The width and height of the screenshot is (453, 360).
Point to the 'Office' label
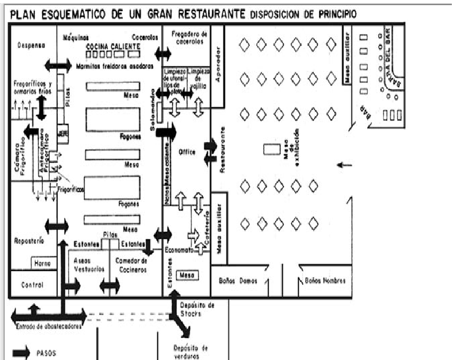pyautogui.click(x=187, y=152)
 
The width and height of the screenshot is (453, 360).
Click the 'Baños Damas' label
pyautogui.click(x=239, y=281)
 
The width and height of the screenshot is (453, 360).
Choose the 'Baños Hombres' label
pyautogui.click(x=324, y=281)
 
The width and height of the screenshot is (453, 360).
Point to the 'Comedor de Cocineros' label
pyautogui.click(x=132, y=265)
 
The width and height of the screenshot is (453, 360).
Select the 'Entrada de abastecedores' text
pyautogui.click(x=46, y=327)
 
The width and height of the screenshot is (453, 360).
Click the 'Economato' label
pyautogui.click(x=180, y=250)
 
